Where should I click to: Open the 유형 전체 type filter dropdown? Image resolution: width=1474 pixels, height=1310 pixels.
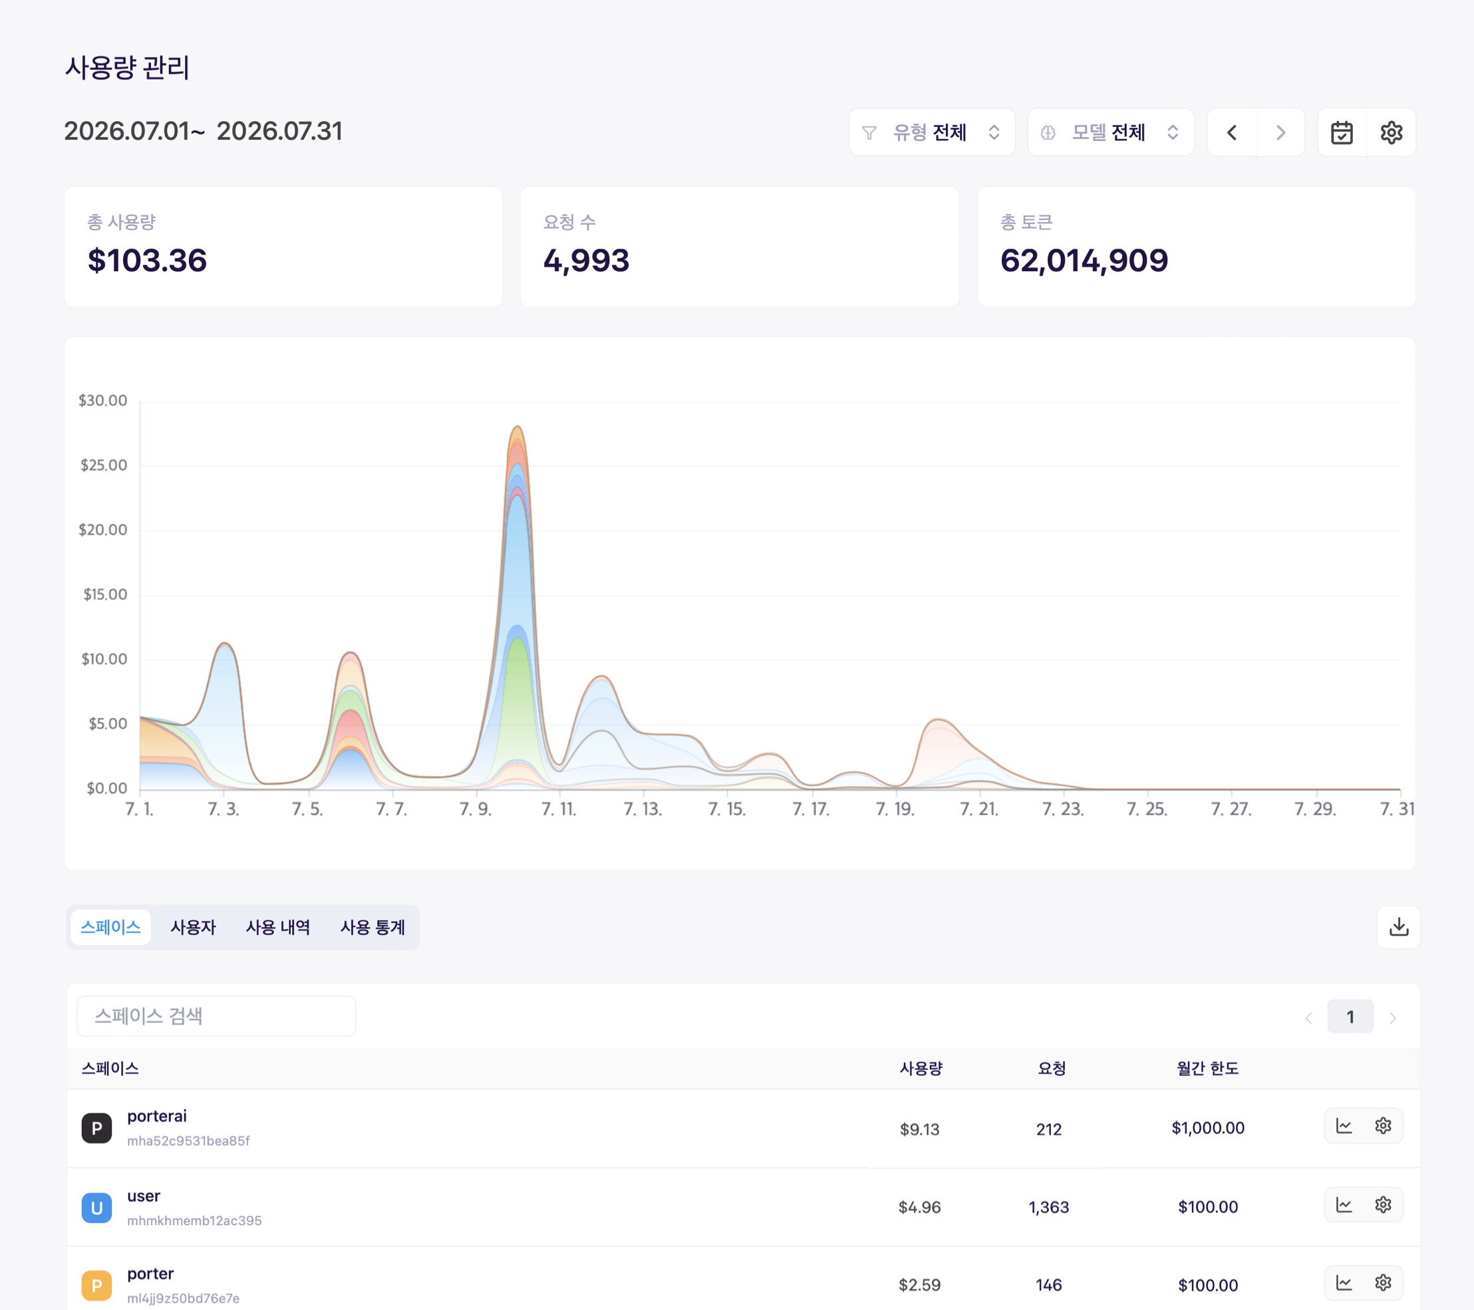[x=932, y=132]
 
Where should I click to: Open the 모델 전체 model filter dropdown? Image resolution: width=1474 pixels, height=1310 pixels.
[x=1111, y=132]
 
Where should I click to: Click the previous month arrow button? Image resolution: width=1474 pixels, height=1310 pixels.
[x=1232, y=132]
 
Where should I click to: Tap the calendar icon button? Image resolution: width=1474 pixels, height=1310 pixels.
[x=1342, y=132]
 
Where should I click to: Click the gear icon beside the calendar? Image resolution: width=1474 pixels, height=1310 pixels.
[x=1391, y=132]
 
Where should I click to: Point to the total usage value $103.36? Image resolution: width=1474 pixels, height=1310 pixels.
[x=147, y=260]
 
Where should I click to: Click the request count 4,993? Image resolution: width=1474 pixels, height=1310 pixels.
[x=586, y=260]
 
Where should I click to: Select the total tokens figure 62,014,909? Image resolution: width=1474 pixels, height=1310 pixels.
[x=1084, y=260]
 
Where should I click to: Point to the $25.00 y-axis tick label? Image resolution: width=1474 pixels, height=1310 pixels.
[x=104, y=465]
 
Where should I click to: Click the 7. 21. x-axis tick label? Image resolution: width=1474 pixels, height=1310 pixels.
[x=978, y=809]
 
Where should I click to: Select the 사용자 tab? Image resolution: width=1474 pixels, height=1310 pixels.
[x=194, y=927]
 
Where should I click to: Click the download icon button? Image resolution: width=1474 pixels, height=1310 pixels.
[x=1398, y=926]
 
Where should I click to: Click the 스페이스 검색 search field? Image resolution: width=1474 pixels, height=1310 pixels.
[x=216, y=1016]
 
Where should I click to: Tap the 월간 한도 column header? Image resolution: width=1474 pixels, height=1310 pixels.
[x=1207, y=1069]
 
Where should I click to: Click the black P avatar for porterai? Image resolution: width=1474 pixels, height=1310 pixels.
[x=96, y=1128]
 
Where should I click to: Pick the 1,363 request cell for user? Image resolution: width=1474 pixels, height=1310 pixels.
[x=1048, y=1207]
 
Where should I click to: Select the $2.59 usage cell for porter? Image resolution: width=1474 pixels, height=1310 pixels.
[x=919, y=1285]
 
